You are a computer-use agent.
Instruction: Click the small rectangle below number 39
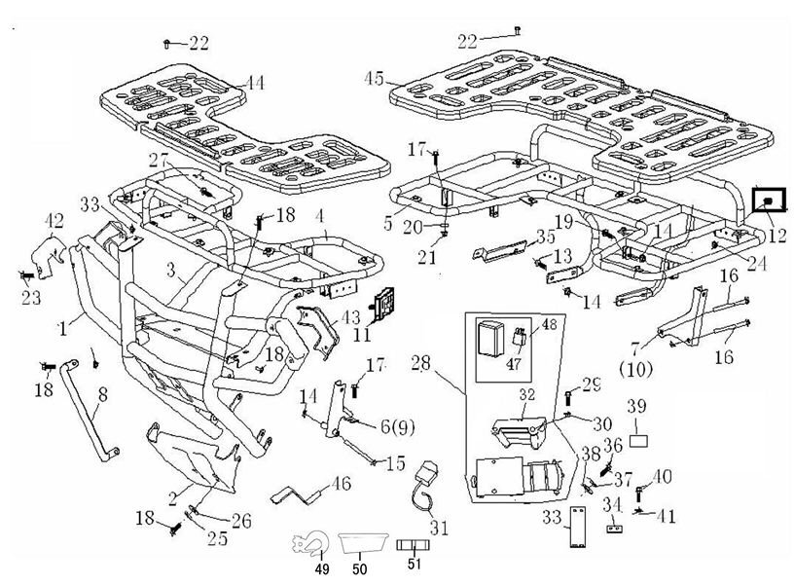pos(638,440)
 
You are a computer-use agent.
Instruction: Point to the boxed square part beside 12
pos(769,201)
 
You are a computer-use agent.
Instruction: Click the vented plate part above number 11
pos(390,301)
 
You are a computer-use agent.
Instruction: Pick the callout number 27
pos(159,160)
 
